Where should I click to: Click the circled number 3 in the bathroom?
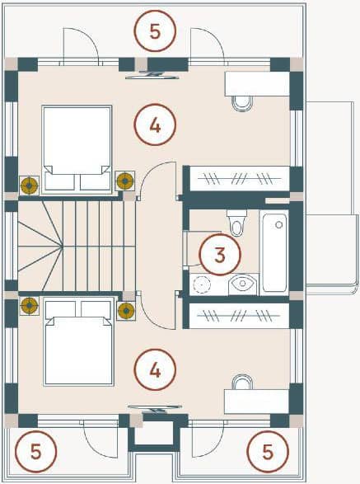tap(220, 255)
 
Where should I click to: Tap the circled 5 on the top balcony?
tap(155, 31)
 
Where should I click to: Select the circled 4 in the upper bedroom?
tap(155, 125)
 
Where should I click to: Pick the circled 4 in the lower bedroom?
tap(155, 369)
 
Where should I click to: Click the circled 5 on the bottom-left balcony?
tap(36, 452)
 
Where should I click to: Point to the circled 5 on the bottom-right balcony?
tap(268, 452)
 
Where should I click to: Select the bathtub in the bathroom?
tap(274, 252)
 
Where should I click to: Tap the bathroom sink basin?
tap(243, 284)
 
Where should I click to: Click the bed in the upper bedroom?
tap(77, 150)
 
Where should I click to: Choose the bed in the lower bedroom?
tap(78, 341)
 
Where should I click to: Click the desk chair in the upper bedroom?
tap(242, 103)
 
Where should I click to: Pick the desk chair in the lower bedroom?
tap(242, 382)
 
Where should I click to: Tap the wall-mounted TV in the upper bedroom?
tap(152, 75)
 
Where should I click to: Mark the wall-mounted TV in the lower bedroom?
tap(155, 409)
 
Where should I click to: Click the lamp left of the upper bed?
tap(30, 186)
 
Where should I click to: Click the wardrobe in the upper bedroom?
tap(240, 179)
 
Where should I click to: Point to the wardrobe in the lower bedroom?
tap(239, 316)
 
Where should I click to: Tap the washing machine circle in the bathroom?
tap(201, 284)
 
